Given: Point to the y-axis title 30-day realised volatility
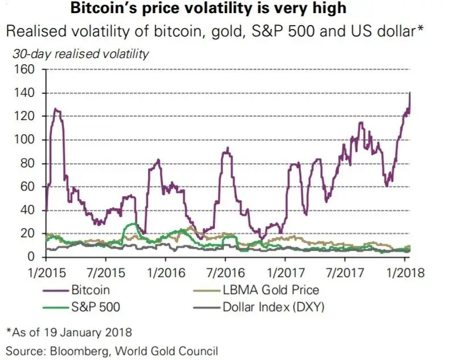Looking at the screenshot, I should pyautogui.click(x=80, y=55).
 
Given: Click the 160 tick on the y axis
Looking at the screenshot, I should pyautogui.click(x=24, y=69).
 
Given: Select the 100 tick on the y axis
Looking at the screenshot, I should pyautogui.click(x=24, y=140).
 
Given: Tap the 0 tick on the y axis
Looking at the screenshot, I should pyautogui.click(x=31, y=258).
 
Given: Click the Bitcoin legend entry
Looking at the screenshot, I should pyautogui.click(x=90, y=290).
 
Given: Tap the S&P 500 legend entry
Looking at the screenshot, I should pyautogui.click(x=96, y=308).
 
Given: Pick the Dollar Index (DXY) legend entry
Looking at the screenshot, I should pyautogui.click(x=274, y=308).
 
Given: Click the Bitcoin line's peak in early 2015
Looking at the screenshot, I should pyautogui.click(x=56, y=109).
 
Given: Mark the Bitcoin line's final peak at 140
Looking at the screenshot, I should pyautogui.click(x=410, y=93).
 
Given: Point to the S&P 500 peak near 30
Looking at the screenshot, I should pyautogui.click(x=133, y=224).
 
